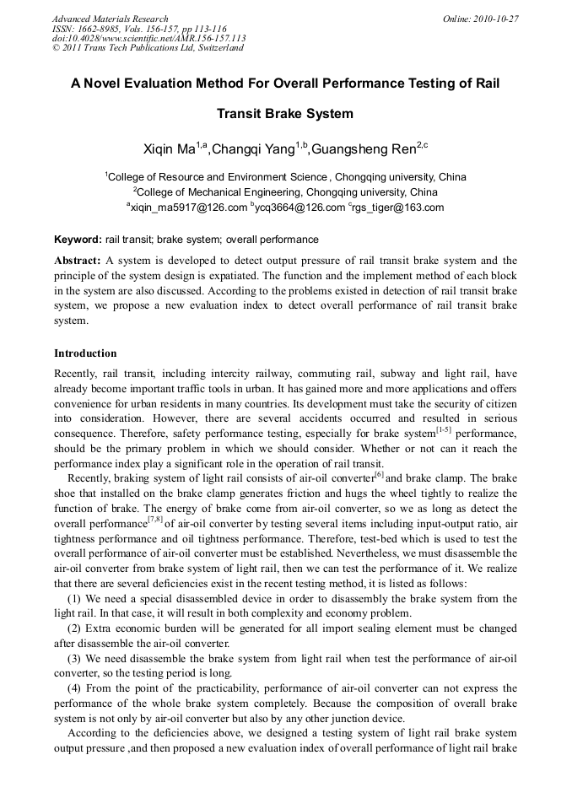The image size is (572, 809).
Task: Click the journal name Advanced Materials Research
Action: click(110, 19)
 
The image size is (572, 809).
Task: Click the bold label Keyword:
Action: click(78, 240)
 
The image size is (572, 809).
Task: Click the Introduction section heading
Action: click(85, 353)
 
